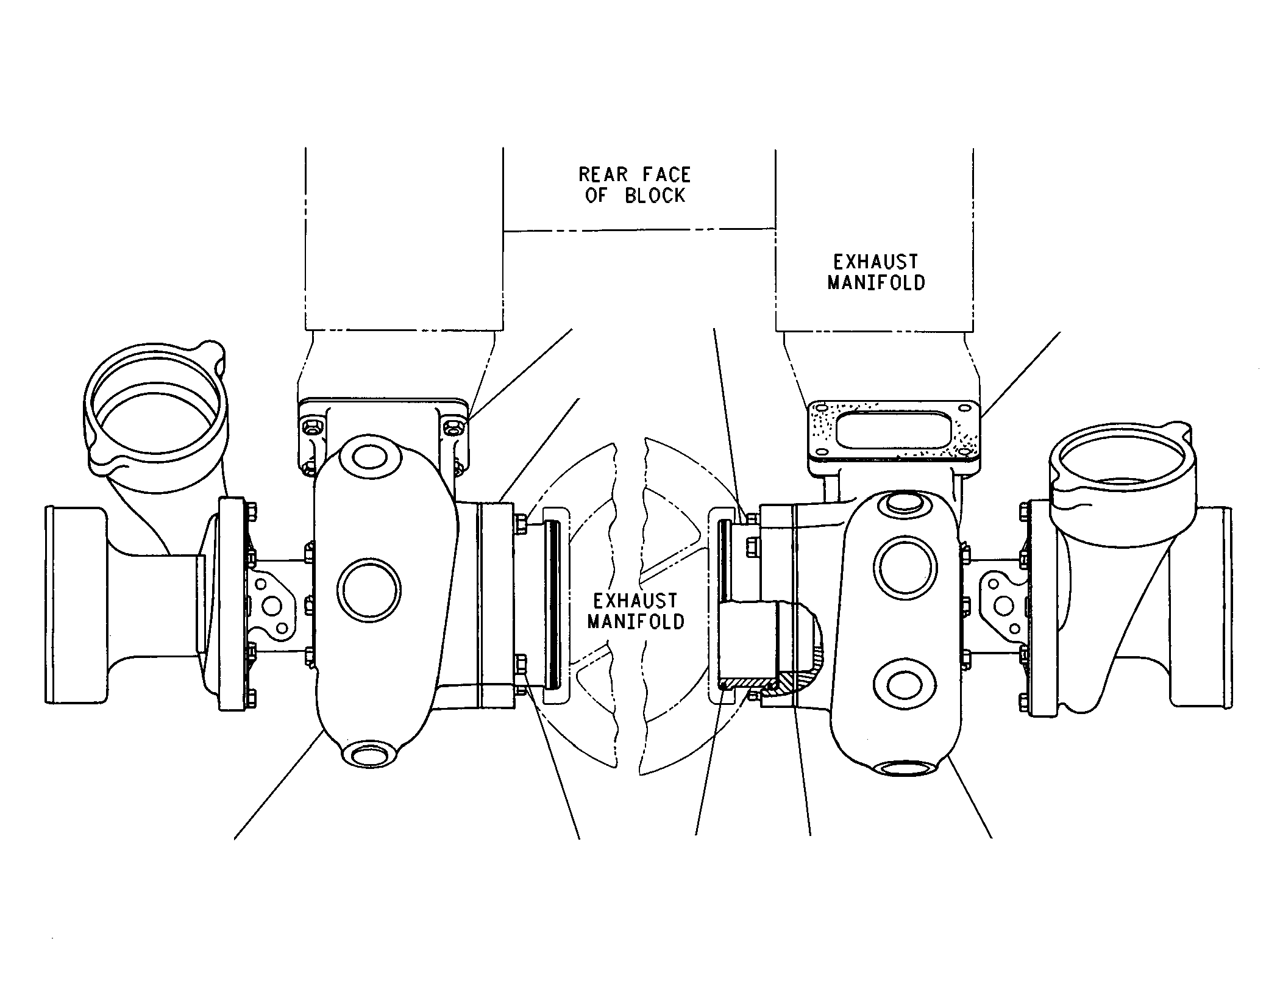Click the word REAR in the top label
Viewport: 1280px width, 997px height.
click(x=603, y=175)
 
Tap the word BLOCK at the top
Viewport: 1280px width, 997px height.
click(x=655, y=196)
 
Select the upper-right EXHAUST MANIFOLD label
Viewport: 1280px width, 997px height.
click(x=876, y=273)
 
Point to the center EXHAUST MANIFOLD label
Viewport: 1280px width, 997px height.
click(x=636, y=612)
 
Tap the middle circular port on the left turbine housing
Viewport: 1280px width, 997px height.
click(x=369, y=590)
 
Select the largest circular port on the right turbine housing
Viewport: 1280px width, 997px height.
click(x=905, y=565)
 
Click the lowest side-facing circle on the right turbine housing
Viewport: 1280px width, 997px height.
click(x=905, y=685)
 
